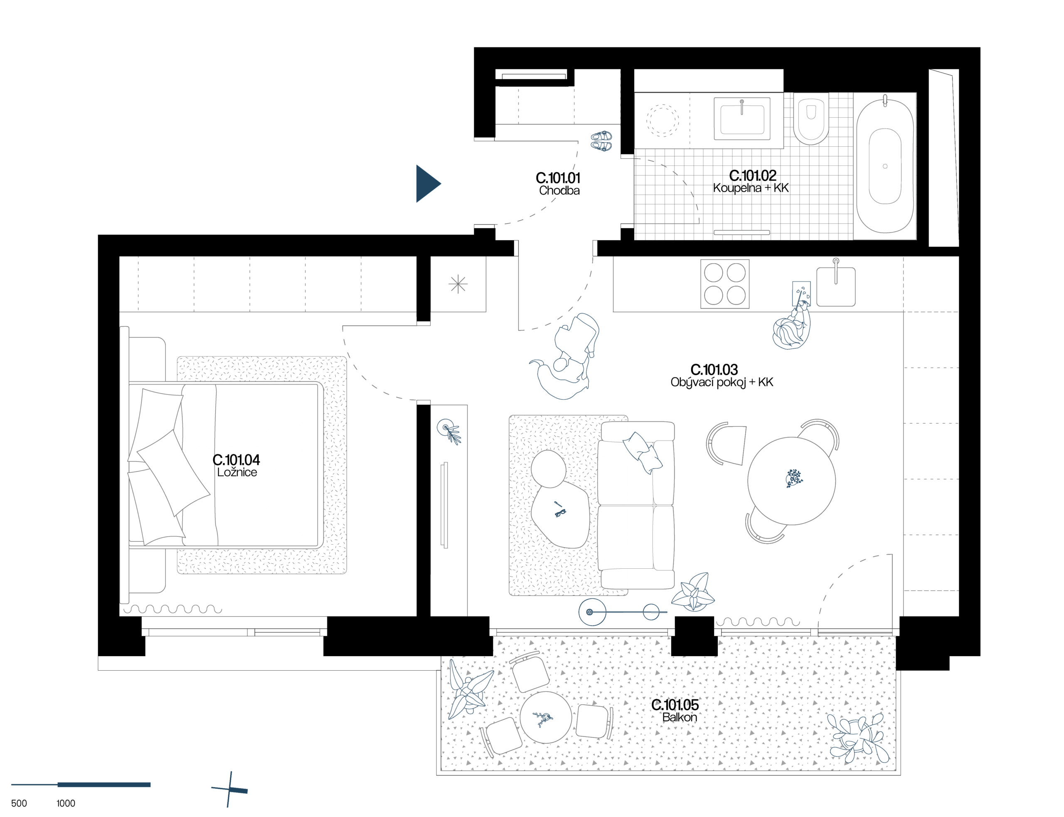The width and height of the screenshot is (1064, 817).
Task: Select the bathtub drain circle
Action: (884, 166)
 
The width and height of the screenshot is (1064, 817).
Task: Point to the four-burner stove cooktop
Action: (725, 284)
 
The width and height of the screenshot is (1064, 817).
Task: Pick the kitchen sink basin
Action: (835, 287)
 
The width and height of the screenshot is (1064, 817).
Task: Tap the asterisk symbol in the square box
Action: (458, 284)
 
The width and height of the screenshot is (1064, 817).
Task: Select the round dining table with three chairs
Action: (791, 481)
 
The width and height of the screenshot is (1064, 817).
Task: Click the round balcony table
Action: (545, 717)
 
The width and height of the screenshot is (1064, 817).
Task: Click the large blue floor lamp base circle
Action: (592, 612)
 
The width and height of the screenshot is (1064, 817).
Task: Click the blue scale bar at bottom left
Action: (103, 785)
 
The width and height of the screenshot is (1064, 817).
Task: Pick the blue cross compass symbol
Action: (229, 789)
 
